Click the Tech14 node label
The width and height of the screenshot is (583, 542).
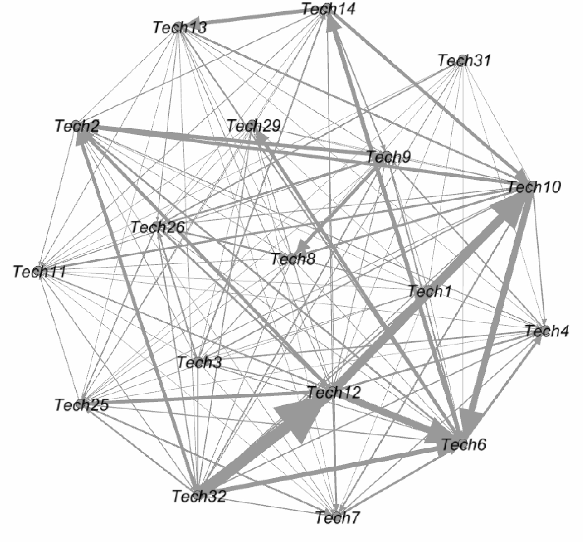(x=328, y=9)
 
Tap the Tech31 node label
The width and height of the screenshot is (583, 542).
(x=464, y=61)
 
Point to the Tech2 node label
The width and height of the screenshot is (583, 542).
(x=77, y=126)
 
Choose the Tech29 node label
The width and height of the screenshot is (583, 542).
(x=254, y=126)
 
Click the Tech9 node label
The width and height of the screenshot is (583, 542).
(x=388, y=157)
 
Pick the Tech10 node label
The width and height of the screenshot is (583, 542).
(x=533, y=187)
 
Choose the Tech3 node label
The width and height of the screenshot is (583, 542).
(x=199, y=362)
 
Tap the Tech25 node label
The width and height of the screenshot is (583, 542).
(x=81, y=405)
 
